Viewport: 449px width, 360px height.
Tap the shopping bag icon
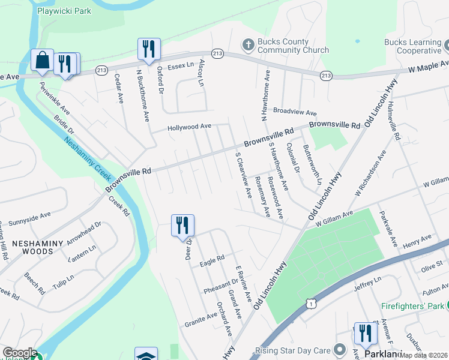coord(42,60)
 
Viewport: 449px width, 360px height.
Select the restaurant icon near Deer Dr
coord(182,226)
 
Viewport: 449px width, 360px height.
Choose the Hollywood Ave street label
coord(190,127)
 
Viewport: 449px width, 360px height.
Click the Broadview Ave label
coord(294,112)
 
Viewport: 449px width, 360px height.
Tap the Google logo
coord(20,353)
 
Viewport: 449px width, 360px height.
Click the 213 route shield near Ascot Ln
coord(217,54)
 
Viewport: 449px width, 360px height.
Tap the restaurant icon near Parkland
coord(365,334)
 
